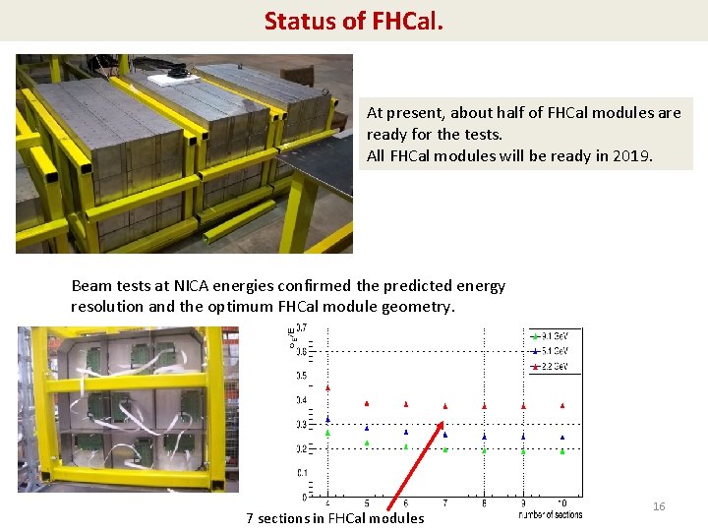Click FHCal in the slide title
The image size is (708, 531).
pos(408,20)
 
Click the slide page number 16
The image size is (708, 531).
pos(659,506)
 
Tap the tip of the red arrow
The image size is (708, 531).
pos(442,424)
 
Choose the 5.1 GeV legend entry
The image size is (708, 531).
pos(555,350)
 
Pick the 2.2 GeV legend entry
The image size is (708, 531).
pos(555,365)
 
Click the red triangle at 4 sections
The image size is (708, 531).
pos(327,387)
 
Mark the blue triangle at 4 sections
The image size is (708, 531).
pos(327,419)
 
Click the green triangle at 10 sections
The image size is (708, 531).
pos(561,451)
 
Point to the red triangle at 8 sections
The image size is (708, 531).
pos(484,405)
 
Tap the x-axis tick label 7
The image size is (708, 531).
pos(444,503)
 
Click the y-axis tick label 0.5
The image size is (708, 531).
pos(302,376)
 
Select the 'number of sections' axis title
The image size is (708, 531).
pos(550,514)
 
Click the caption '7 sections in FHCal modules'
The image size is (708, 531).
pos(335,518)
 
